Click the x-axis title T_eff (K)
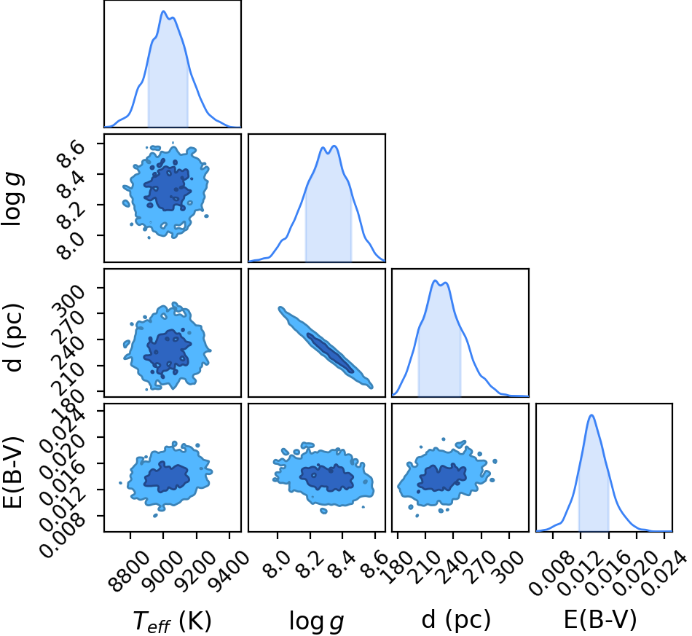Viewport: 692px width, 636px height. coord(172,621)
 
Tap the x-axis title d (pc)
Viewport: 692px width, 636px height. coord(456,620)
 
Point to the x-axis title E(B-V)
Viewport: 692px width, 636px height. coord(600,619)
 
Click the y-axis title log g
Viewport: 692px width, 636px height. coord(12,198)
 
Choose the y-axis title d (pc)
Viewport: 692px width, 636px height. coord(14,337)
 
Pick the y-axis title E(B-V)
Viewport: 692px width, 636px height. coord(13,472)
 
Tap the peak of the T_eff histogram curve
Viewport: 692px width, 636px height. coord(163,12)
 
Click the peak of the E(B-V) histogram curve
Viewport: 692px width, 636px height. coord(591,415)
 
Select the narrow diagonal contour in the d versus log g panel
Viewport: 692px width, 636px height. coord(326,348)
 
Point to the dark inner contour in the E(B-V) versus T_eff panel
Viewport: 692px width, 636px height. coord(167,476)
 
